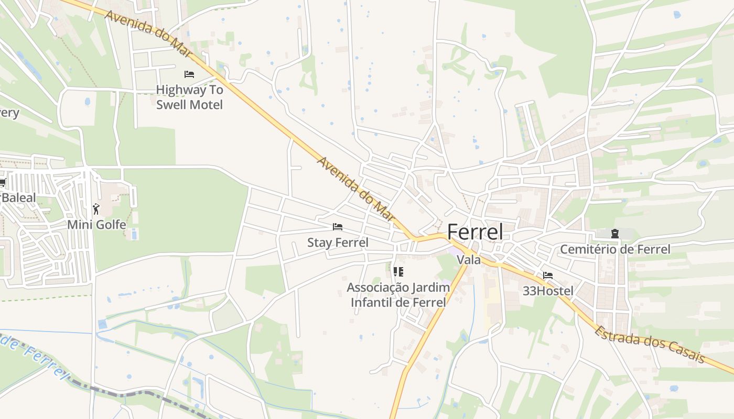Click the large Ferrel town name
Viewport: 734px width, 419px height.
[x=475, y=232]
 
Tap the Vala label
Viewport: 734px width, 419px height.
[x=468, y=260]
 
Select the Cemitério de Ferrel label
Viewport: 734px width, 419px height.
[x=615, y=249]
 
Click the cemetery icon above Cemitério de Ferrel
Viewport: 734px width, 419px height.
[x=615, y=234]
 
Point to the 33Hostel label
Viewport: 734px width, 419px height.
[x=548, y=291]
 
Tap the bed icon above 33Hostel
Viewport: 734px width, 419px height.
[x=548, y=275]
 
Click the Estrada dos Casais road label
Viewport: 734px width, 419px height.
[x=650, y=345]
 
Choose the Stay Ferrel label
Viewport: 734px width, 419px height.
[x=338, y=242]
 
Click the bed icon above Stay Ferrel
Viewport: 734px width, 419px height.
[x=338, y=227]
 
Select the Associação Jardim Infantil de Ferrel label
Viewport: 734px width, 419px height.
[x=398, y=295]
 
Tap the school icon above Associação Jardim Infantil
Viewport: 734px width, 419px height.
[x=398, y=271]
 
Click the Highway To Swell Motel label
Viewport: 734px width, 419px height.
[x=189, y=97]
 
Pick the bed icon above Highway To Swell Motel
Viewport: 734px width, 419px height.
[x=189, y=74]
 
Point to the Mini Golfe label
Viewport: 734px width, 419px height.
[x=96, y=225]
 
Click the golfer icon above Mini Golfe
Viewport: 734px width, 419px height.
[x=96, y=210]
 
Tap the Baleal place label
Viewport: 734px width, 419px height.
[x=19, y=198]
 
